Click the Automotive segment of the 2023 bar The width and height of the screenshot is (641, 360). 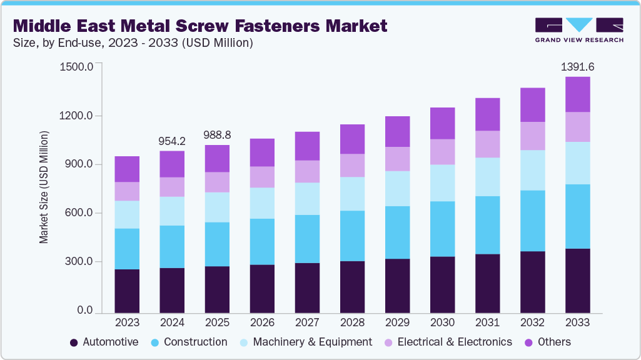coord(127,291)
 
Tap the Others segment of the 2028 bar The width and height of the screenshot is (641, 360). coord(352,139)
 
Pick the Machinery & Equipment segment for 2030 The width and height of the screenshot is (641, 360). coord(442,182)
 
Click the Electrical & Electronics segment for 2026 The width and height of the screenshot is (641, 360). coord(262,177)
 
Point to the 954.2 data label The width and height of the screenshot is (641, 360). coord(172,141)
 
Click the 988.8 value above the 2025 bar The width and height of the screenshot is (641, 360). coord(217,135)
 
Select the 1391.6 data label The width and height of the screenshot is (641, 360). coord(577,67)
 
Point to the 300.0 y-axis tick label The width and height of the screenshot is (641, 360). coord(78,262)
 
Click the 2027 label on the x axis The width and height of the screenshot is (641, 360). coord(307,323)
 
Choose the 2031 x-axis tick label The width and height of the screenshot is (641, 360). coord(487,323)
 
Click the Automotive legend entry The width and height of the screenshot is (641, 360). coord(104,342)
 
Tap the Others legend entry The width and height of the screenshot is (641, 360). coord(547,342)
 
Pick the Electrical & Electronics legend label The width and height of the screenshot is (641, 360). coord(455,342)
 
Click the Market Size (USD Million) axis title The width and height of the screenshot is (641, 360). coord(44,187)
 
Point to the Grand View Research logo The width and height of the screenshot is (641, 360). coord(579,29)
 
